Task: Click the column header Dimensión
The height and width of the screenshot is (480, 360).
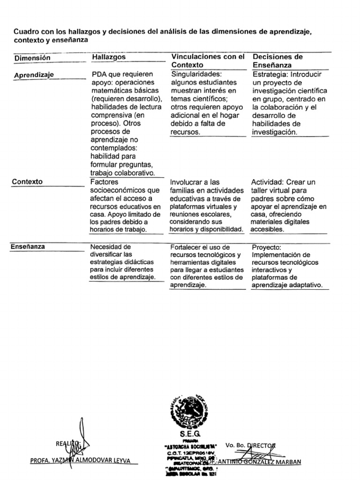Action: (32, 58)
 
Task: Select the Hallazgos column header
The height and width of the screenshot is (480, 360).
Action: (109, 57)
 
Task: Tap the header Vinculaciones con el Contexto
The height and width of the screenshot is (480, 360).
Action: (208, 60)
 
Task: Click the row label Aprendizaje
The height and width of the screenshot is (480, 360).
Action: (34, 75)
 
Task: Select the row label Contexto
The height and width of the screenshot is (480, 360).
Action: (27, 181)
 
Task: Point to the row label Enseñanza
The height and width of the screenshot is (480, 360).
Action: (28, 247)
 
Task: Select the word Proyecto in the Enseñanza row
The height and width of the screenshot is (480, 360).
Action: (266, 247)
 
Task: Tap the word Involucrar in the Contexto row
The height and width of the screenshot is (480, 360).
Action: (188, 182)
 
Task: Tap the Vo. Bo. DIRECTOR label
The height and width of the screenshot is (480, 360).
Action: (251, 444)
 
